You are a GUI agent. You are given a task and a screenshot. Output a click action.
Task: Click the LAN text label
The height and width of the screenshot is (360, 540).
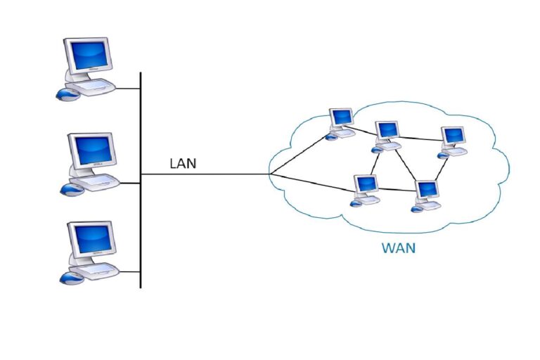click(x=183, y=164)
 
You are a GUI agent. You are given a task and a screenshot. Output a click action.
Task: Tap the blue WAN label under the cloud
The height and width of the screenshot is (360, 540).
click(x=398, y=247)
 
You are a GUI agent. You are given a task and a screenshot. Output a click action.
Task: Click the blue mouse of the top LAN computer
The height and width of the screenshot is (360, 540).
click(x=67, y=94)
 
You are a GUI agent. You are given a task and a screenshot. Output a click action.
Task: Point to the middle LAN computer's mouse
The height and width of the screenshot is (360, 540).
click(x=70, y=188)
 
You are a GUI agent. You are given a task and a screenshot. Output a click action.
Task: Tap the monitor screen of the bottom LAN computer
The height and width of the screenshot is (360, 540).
click(x=91, y=238)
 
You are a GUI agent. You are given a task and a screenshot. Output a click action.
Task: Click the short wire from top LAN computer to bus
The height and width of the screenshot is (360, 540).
click(x=128, y=89)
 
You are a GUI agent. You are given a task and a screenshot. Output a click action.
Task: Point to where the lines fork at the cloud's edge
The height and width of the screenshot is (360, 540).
click(x=270, y=174)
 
